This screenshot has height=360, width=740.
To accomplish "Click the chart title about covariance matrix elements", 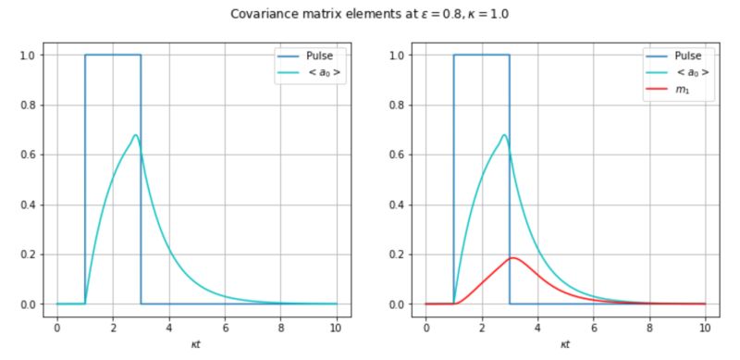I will [369, 14].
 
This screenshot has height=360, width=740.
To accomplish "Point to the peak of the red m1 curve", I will [512, 258].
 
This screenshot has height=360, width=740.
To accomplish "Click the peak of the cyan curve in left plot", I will [135, 136].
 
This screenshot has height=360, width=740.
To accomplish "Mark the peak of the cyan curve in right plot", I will [504, 136].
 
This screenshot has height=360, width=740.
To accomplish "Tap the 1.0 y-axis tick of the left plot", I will [29, 56].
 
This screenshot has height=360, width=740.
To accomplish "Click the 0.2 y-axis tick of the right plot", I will [398, 254].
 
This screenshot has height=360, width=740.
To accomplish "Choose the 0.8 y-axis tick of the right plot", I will [398, 105].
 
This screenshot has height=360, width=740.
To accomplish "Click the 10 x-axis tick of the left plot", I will [336, 327].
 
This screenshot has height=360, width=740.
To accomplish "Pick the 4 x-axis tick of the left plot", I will [168, 327].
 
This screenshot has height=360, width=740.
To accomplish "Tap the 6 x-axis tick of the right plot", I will [593, 327].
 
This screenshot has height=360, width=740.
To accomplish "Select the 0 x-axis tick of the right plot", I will [425, 327].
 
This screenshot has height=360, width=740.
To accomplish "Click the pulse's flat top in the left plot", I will [113, 55].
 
